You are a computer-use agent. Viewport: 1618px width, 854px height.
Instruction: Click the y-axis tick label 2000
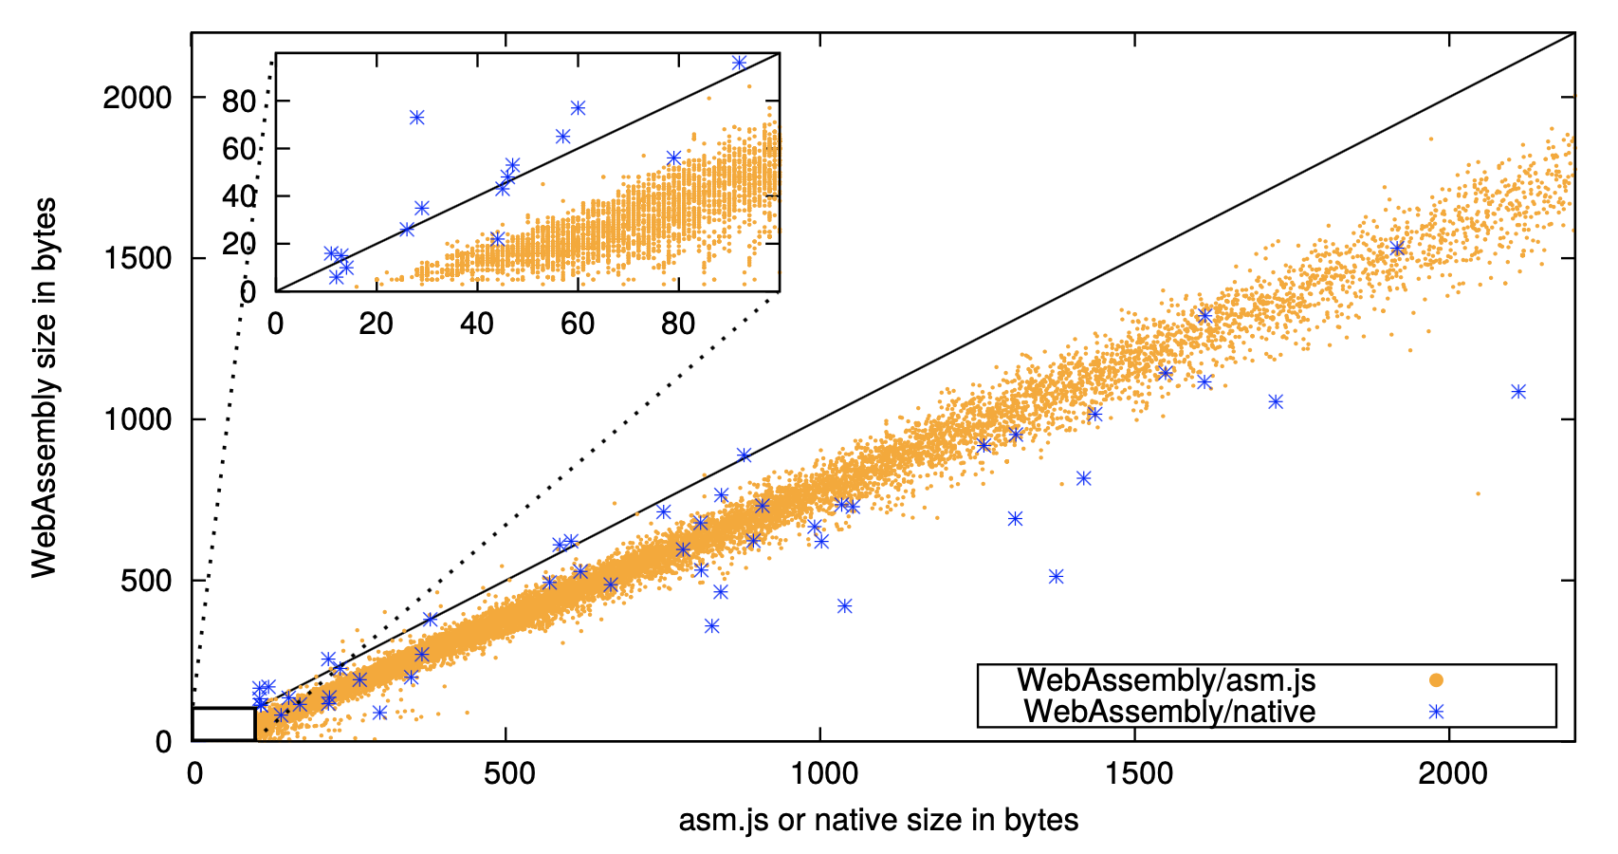click(x=138, y=98)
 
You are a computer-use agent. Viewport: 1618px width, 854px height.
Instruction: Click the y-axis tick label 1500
click(x=138, y=258)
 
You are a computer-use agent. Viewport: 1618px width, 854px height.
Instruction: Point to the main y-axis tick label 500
click(x=146, y=580)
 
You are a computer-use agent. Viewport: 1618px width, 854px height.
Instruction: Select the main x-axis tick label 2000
click(x=1452, y=773)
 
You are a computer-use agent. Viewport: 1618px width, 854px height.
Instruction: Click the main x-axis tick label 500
click(x=508, y=773)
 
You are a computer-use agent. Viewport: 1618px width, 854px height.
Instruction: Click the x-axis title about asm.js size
click(x=878, y=820)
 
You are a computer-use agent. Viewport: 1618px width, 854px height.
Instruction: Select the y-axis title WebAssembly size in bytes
click(x=44, y=387)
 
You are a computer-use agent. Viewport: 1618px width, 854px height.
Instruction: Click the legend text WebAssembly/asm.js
click(x=1166, y=680)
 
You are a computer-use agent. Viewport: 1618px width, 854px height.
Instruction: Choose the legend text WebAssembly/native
click(x=1169, y=712)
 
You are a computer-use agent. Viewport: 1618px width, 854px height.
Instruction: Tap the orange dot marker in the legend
click(x=1436, y=680)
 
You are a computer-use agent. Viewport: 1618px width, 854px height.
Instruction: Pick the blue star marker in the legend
click(x=1436, y=712)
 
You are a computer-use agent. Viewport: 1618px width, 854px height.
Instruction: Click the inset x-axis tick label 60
click(x=578, y=324)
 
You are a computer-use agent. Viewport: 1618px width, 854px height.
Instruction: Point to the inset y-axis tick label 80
click(x=239, y=102)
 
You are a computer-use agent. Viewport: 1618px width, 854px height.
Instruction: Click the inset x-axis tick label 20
click(x=377, y=324)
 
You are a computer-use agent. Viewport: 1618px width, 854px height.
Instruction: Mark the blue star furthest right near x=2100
click(x=1518, y=392)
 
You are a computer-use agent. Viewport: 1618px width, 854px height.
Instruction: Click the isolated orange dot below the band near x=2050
click(x=1478, y=493)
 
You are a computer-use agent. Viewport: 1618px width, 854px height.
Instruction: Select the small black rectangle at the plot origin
click(x=224, y=724)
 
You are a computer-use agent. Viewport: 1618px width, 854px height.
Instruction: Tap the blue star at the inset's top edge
click(x=740, y=63)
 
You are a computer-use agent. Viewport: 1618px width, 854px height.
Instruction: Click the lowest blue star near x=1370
click(x=1057, y=577)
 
